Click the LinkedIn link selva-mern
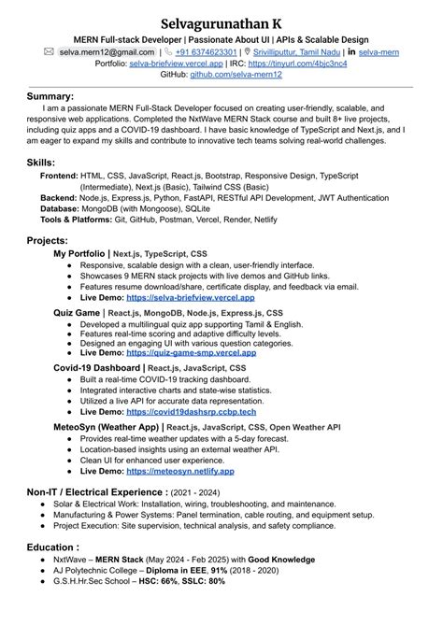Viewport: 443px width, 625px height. tap(381, 53)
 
